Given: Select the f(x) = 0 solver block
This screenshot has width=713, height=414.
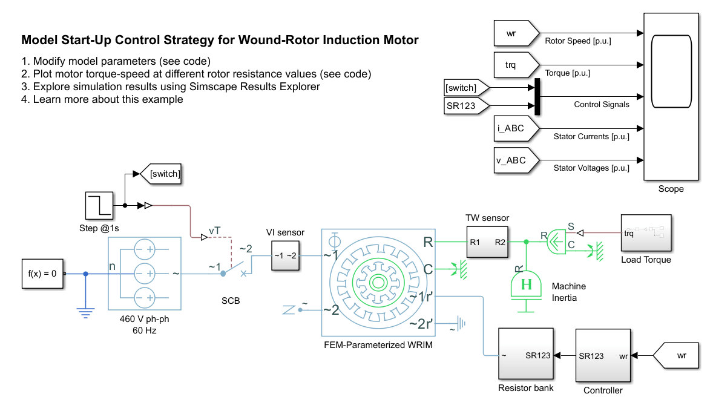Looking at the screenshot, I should point(42,273).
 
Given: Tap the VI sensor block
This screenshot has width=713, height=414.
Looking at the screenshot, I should point(284,255).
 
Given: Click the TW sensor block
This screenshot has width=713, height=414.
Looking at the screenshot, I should point(487,241).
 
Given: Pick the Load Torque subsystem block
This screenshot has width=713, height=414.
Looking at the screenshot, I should point(646,233).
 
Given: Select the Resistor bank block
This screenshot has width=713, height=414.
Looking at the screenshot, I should point(525,355).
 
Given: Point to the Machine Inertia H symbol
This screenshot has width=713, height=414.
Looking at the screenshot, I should point(527,285).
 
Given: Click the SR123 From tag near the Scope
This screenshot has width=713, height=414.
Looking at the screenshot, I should point(465,107).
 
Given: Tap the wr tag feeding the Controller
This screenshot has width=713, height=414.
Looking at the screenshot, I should point(678,355).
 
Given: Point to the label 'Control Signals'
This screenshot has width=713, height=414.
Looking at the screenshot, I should point(601,104).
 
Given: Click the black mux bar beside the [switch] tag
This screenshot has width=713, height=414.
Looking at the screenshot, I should point(537,96).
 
